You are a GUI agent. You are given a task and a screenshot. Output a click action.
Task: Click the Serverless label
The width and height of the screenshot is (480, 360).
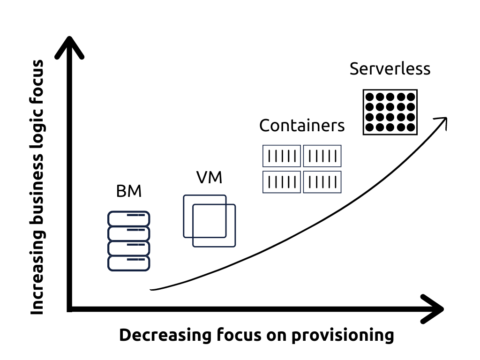pyautogui.click(x=390, y=69)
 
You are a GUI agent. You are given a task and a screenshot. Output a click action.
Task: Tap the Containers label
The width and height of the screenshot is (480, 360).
pyautogui.click(x=302, y=126)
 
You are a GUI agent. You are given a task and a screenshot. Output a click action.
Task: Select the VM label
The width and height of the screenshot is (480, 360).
pyautogui.click(x=209, y=178)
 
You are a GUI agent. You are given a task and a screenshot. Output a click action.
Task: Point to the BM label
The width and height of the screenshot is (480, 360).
pyautogui.click(x=128, y=191)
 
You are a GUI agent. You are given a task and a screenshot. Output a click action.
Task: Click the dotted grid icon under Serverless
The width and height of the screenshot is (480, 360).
pyautogui.click(x=390, y=112)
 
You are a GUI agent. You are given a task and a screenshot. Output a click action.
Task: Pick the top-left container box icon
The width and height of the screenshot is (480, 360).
pyautogui.click(x=281, y=156)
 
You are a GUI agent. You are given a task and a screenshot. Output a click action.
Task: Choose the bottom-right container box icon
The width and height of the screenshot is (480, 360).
pyautogui.click(x=322, y=182)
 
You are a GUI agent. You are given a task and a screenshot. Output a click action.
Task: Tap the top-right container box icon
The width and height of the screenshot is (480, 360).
pyautogui.click(x=322, y=156)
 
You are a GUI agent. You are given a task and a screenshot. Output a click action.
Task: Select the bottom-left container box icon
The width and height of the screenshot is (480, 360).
pyautogui.click(x=281, y=182)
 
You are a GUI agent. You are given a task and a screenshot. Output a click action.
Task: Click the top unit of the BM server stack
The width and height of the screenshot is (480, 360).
pyautogui.click(x=129, y=218)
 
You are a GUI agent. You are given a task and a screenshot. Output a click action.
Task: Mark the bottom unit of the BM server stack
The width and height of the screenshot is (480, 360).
pyautogui.click(x=129, y=263)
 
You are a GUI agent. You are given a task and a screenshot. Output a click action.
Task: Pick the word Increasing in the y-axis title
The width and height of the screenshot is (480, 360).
pyautogui.click(x=37, y=281)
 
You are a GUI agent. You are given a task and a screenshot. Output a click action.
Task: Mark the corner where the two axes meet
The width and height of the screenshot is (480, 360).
pyautogui.click(x=70, y=309)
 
